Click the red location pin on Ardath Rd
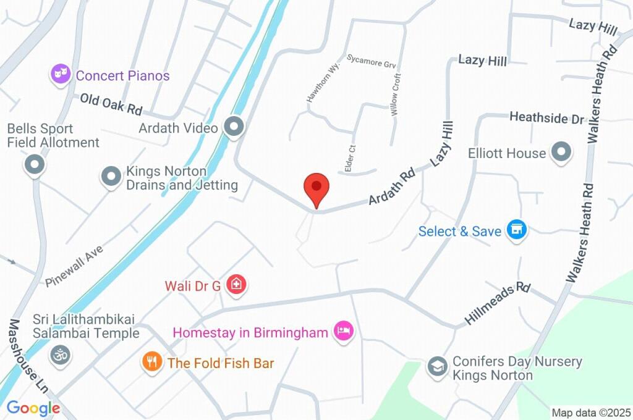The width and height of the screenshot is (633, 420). pyautogui.click(x=316, y=187)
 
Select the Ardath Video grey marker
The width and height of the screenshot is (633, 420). pyautogui.click(x=234, y=128)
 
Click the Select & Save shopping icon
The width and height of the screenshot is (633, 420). pyautogui.click(x=516, y=231)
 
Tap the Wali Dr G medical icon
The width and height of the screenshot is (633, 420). pyautogui.click(x=236, y=285)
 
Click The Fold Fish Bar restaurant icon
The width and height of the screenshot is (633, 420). pyautogui.click(x=151, y=362)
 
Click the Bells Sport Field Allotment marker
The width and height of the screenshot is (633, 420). pyautogui.click(x=34, y=165)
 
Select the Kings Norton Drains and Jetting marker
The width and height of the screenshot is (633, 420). pyautogui.click(x=111, y=177)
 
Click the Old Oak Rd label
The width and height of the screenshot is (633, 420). pyautogui.click(x=111, y=104)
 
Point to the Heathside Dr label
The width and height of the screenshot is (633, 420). pyautogui.click(x=546, y=117)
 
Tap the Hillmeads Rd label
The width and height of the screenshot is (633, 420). pyautogui.click(x=498, y=305)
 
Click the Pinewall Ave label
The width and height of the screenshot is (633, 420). pyautogui.click(x=74, y=266)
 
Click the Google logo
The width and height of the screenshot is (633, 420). pyautogui.click(x=33, y=408)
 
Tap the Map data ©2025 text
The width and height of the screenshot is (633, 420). pyautogui.click(x=591, y=413)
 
